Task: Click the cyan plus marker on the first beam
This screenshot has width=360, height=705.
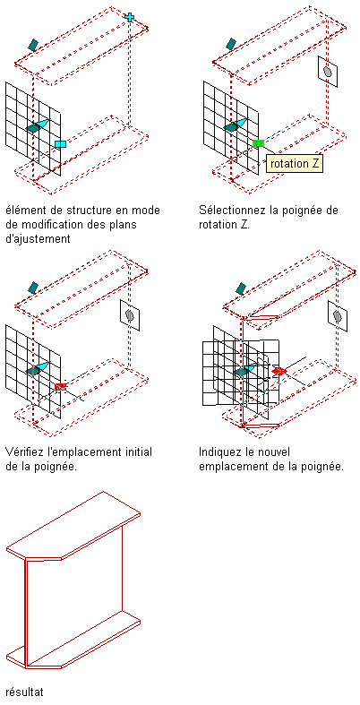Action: [x=130, y=17]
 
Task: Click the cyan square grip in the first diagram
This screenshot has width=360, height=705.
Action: [x=60, y=144]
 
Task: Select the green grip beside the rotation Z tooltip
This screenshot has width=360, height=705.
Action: [x=258, y=143]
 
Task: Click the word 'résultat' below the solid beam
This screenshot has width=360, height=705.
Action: [x=25, y=691]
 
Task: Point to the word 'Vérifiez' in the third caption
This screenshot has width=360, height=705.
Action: [x=26, y=451]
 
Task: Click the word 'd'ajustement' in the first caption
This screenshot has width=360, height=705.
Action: [x=39, y=239]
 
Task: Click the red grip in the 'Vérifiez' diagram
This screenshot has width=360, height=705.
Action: [x=61, y=387]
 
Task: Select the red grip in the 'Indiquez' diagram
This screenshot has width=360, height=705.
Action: [x=279, y=371]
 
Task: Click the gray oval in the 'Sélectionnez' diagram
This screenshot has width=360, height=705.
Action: [x=328, y=72]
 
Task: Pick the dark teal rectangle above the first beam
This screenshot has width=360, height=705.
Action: [x=33, y=44]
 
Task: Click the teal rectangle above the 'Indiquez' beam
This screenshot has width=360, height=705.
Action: [x=241, y=288]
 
